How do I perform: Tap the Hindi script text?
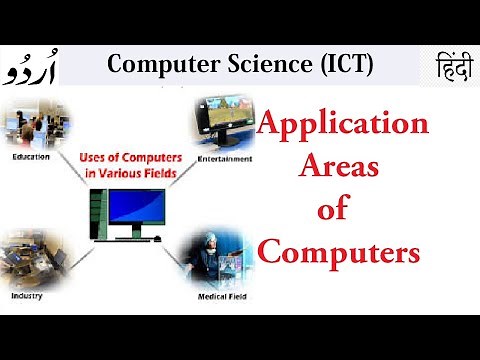[446, 69]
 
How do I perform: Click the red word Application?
[343, 126]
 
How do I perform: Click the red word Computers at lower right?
[339, 251]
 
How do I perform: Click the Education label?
[31, 157]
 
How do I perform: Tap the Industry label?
[27, 297]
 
